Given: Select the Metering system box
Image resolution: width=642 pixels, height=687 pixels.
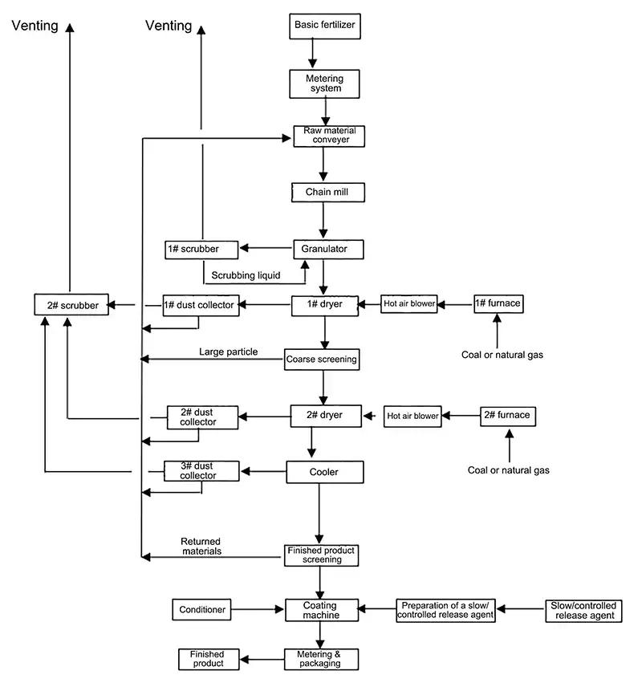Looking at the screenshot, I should (x=323, y=83).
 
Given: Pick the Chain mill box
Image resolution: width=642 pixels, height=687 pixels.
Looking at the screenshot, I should (x=323, y=193).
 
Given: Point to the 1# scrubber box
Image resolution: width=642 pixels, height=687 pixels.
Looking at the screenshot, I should (x=203, y=250).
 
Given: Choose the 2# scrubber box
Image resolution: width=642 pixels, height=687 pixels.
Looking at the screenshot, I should (x=71, y=305).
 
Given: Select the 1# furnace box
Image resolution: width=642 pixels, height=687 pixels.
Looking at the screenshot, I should (x=498, y=304).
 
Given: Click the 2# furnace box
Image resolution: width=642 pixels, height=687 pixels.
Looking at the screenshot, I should (x=507, y=416).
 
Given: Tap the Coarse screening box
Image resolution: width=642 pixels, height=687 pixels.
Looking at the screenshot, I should (x=321, y=360).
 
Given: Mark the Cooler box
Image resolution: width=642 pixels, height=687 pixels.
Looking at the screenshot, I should (x=324, y=472).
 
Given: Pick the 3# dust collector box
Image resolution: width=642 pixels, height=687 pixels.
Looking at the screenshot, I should (x=202, y=470).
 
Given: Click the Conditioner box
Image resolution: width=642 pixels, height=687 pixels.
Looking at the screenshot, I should (x=201, y=610).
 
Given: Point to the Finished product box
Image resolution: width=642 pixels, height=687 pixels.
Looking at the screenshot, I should (x=207, y=660).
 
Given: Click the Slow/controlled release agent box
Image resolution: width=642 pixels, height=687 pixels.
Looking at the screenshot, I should (x=583, y=610).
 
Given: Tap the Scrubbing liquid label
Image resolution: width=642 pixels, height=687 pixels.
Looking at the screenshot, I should (x=246, y=276).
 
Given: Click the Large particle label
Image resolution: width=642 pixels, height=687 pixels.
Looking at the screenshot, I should (x=229, y=352).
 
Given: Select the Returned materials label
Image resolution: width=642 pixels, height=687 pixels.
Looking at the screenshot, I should (x=201, y=547).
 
